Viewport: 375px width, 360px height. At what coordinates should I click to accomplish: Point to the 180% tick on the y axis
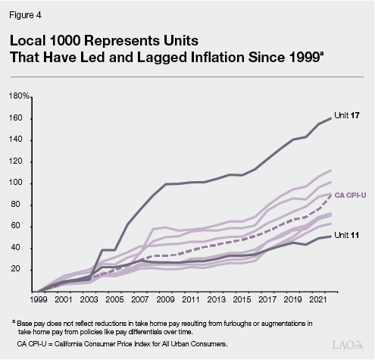pos(19,97)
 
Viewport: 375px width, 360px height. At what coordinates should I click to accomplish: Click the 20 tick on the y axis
pos(23,270)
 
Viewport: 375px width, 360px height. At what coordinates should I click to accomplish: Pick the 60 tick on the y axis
pos(23,227)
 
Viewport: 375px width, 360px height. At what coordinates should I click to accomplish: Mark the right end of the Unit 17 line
pos(332,117)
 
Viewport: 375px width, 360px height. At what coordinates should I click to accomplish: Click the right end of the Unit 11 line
pos(332,236)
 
